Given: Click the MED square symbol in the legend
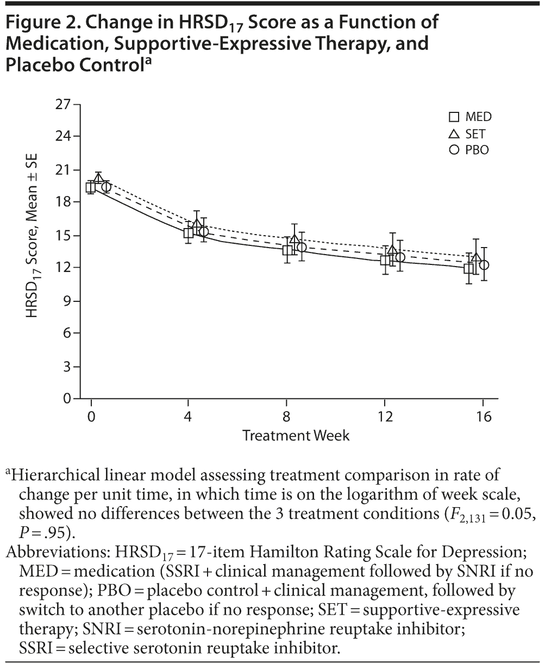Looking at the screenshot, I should [454, 117].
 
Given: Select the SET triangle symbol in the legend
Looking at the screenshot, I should [454, 134].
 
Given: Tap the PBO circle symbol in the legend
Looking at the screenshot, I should [454, 150].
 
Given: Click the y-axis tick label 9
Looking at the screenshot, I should [67, 301].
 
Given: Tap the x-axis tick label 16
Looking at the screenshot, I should [484, 417].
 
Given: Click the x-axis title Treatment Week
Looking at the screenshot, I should [296, 435].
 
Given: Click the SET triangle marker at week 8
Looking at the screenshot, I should [295, 239].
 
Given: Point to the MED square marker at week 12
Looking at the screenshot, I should [386, 260].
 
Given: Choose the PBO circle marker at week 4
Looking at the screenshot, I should [204, 232].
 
